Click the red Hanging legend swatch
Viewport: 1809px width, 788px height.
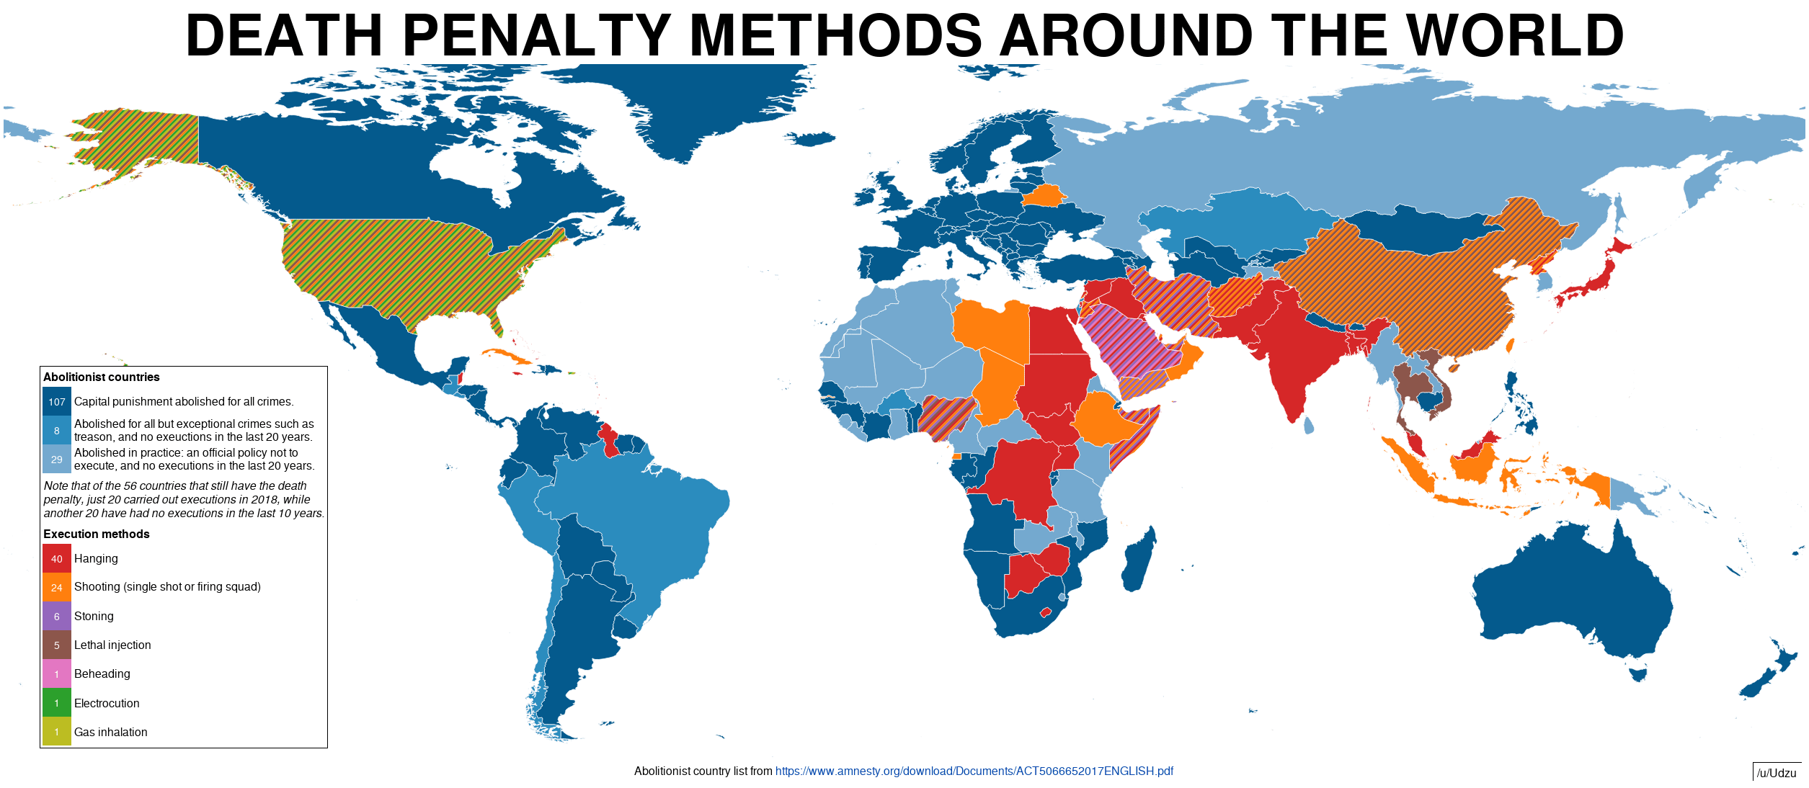point(56,558)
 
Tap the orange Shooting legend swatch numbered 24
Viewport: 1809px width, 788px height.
point(56,587)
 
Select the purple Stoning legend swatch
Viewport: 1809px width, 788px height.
point(56,616)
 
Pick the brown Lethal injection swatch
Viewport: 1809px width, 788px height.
point(56,645)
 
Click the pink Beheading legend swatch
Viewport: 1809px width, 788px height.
point(56,674)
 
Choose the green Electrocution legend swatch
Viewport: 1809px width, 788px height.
point(56,703)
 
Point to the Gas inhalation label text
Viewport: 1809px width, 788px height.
point(110,732)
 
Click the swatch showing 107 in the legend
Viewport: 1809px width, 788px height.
point(56,401)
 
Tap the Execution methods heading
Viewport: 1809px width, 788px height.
point(96,534)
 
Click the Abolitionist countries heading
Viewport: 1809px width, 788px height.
point(101,377)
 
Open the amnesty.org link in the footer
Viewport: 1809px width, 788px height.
point(974,771)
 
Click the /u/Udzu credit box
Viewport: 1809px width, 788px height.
point(1776,773)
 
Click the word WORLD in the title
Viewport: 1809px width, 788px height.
point(1514,36)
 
